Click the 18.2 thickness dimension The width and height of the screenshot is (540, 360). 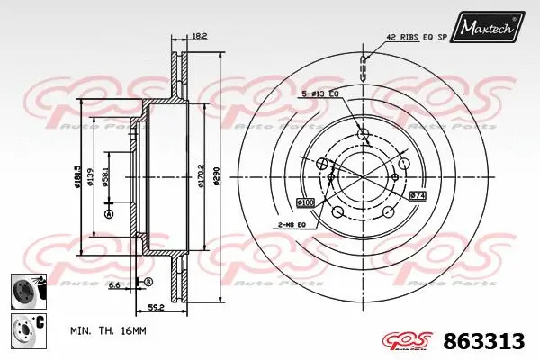(200, 36)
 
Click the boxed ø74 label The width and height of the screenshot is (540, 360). (417, 195)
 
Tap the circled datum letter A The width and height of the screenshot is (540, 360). (108, 214)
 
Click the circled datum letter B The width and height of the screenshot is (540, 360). (148, 283)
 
